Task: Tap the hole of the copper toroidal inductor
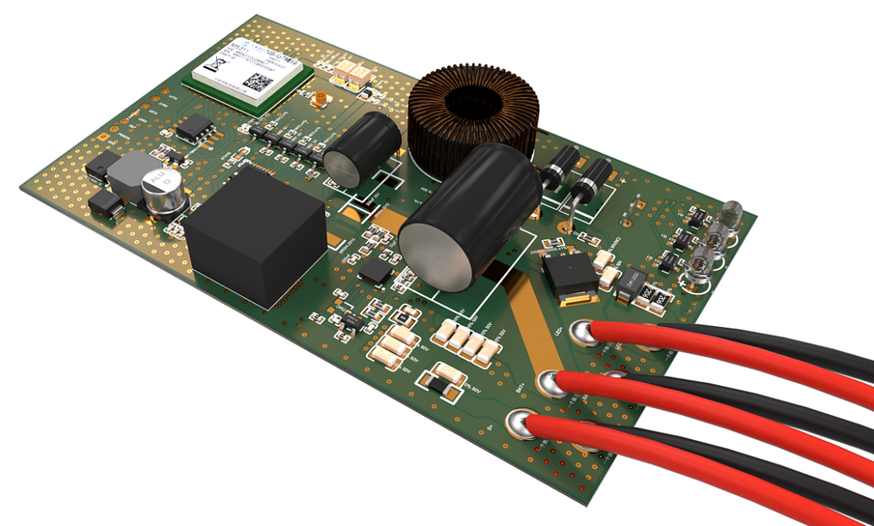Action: point(473,101)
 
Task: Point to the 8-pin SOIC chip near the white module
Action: point(195,127)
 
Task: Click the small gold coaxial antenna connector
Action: point(320,99)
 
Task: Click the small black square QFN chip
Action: point(376,272)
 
